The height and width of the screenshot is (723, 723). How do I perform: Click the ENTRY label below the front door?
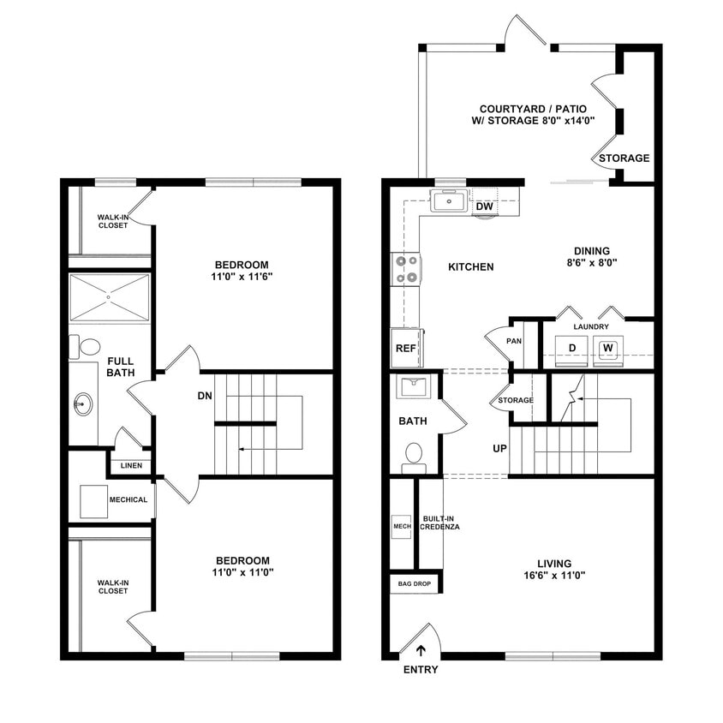(420, 669)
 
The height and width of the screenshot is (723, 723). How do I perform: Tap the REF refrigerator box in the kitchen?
(404, 348)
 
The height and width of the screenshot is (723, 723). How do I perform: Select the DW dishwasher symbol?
(484, 206)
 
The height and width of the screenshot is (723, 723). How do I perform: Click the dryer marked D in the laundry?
(571, 348)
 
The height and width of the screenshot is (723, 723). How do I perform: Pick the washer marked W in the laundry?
(607, 348)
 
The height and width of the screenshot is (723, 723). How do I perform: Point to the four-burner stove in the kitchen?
(405, 267)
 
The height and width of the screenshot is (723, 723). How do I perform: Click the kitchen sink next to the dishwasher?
(448, 202)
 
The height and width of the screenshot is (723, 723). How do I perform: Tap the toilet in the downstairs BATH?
(414, 455)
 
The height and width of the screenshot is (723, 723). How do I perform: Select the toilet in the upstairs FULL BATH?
(88, 348)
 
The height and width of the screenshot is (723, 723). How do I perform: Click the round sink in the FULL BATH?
(83, 403)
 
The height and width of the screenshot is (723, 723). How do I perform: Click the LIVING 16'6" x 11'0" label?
(554, 570)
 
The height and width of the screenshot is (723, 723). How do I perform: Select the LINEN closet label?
(131, 466)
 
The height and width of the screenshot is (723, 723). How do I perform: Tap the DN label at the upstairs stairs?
(205, 396)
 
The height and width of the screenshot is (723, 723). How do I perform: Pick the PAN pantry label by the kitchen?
(514, 340)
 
